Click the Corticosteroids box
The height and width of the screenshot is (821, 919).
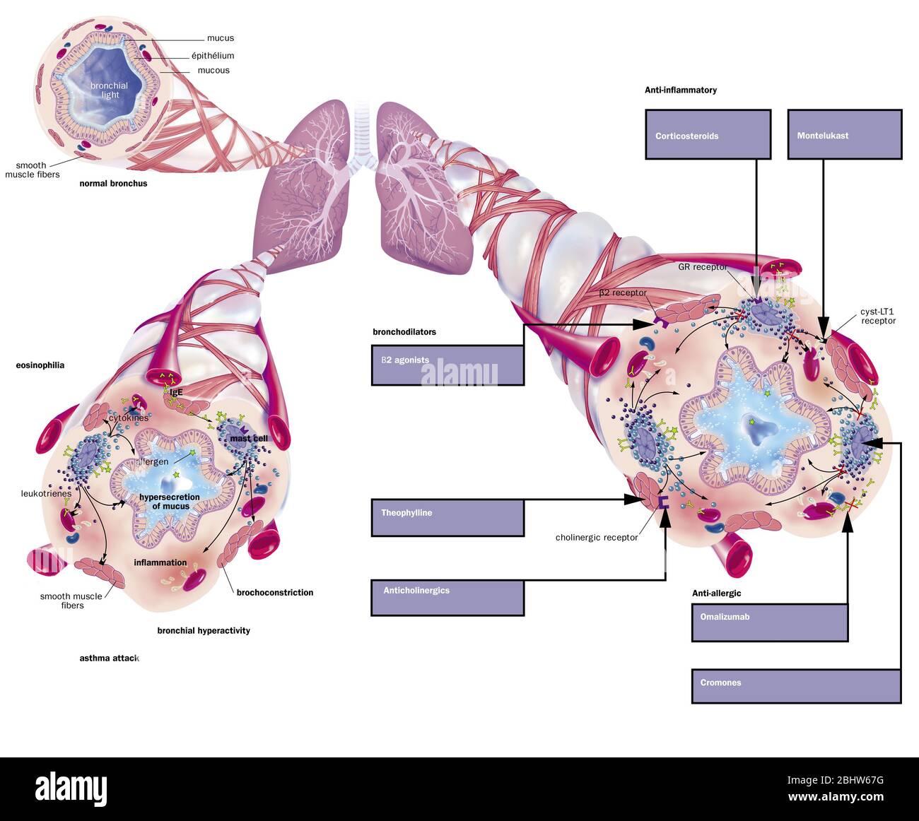pyautogui.click(x=708, y=134)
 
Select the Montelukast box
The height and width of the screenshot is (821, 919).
pyautogui.click(x=845, y=134)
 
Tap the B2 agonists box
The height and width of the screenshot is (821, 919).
pyautogui.click(x=447, y=365)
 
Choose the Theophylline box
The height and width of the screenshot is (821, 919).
pyautogui.click(x=447, y=517)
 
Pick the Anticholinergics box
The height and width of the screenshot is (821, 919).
pyautogui.click(x=447, y=597)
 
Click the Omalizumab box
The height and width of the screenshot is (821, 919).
pyautogui.click(x=769, y=622)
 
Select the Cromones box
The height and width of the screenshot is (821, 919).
pyautogui.click(x=796, y=686)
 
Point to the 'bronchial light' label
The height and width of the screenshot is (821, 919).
pyautogui.click(x=110, y=90)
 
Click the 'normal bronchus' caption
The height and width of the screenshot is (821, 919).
pyautogui.click(x=113, y=184)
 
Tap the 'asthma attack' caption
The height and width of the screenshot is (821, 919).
pyautogui.click(x=109, y=658)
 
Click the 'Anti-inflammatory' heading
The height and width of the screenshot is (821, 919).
pyautogui.click(x=680, y=90)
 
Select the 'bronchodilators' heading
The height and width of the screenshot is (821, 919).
pyautogui.click(x=404, y=332)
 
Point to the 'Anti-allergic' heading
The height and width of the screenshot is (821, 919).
pyautogui.click(x=716, y=593)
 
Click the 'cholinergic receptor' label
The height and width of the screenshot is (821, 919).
pyautogui.click(x=597, y=538)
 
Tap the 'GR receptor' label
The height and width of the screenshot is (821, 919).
pyautogui.click(x=702, y=267)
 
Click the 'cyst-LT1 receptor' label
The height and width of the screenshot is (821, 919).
pyautogui.click(x=878, y=316)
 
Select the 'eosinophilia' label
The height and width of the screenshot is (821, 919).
pyautogui.click(x=40, y=365)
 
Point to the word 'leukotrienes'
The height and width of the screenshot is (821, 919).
pyautogui.click(x=46, y=494)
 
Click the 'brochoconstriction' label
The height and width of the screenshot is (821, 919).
pyautogui.click(x=275, y=593)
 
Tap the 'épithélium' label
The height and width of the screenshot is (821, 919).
pyautogui.click(x=213, y=56)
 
